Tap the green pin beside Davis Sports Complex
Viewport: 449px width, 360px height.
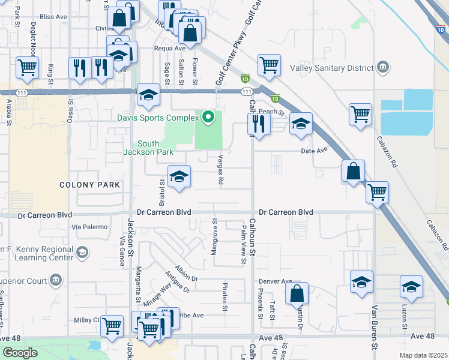coord(209,116)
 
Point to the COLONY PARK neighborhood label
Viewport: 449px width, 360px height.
coord(90,185)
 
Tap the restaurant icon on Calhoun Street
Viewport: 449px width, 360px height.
coord(258,124)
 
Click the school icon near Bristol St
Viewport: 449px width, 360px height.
coord(179,176)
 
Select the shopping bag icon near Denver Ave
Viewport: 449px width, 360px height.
coord(297,294)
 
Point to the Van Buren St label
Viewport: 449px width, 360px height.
coord(374,327)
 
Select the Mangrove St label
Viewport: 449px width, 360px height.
coord(214,238)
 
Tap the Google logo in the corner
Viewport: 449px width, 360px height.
coord(20,353)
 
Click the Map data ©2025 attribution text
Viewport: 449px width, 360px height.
coord(424,355)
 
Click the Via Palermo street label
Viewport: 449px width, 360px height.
coord(89,227)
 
